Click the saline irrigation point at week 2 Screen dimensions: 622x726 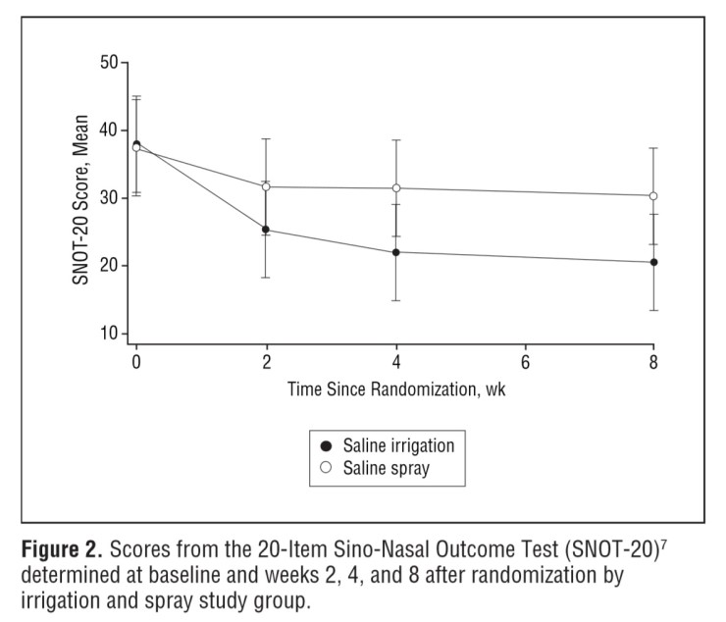coord(266,230)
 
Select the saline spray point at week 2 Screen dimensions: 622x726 coord(266,186)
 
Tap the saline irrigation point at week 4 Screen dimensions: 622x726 coord(396,252)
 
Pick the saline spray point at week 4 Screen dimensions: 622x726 coord(396,188)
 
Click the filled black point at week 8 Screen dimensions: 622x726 coord(654,262)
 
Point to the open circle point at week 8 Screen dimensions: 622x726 coord(654,196)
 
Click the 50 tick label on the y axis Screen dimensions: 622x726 coord(109,63)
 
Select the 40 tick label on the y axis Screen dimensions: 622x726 coord(109,130)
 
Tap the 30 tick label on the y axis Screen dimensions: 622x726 coord(109,198)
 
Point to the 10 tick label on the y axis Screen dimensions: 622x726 coord(109,334)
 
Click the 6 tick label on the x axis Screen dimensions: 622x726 coord(525,361)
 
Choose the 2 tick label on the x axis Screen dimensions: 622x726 coord(266,361)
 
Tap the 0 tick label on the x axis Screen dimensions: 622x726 coord(136,361)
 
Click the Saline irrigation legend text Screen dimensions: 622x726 coord(397,445)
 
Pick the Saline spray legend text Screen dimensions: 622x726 coord(386,468)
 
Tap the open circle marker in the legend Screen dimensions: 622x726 coord(326,468)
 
